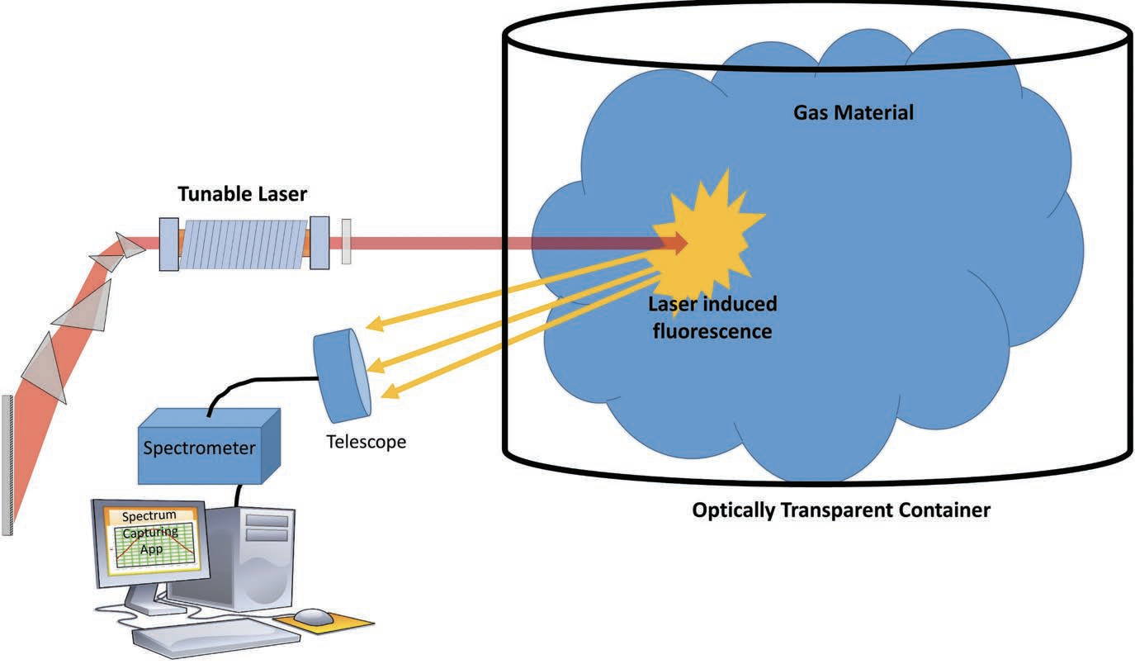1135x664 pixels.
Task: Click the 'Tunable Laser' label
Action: pos(243,194)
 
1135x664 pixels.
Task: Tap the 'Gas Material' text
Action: pos(854,112)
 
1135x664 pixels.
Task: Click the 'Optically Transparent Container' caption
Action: pos(840,510)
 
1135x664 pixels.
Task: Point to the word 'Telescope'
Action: pos(366,442)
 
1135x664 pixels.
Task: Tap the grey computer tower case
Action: pos(248,549)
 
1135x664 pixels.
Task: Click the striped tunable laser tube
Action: pos(243,244)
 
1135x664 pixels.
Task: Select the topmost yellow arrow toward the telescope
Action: pos(512,285)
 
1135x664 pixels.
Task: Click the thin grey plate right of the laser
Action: pos(346,242)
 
